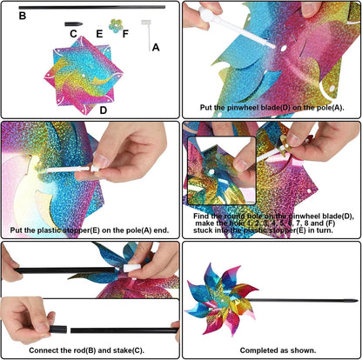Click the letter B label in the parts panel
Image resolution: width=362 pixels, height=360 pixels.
tap(23, 16)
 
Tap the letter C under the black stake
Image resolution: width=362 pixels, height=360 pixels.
tap(73, 34)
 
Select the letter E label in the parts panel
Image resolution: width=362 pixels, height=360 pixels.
tap(99, 34)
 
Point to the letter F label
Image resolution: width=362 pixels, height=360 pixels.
tap(125, 34)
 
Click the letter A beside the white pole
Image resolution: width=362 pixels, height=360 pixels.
tap(156, 47)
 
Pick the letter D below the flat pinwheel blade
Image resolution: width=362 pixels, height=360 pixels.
tap(104, 110)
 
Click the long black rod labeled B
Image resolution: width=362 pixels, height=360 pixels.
tap(92, 7)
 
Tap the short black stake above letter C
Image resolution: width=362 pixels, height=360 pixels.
tap(74, 24)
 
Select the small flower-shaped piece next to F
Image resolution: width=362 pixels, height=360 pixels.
tap(116, 26)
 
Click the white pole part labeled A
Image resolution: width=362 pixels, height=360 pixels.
tap(147, 32)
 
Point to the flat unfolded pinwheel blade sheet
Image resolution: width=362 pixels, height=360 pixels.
tap(84, 76)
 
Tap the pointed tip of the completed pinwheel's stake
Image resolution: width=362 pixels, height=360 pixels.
tap(357, 301)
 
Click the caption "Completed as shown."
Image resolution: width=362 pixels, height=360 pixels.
tap(278, 350)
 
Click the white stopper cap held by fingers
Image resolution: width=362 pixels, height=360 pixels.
tap(94, 169)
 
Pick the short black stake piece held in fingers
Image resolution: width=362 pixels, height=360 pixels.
tap(58, 330)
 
